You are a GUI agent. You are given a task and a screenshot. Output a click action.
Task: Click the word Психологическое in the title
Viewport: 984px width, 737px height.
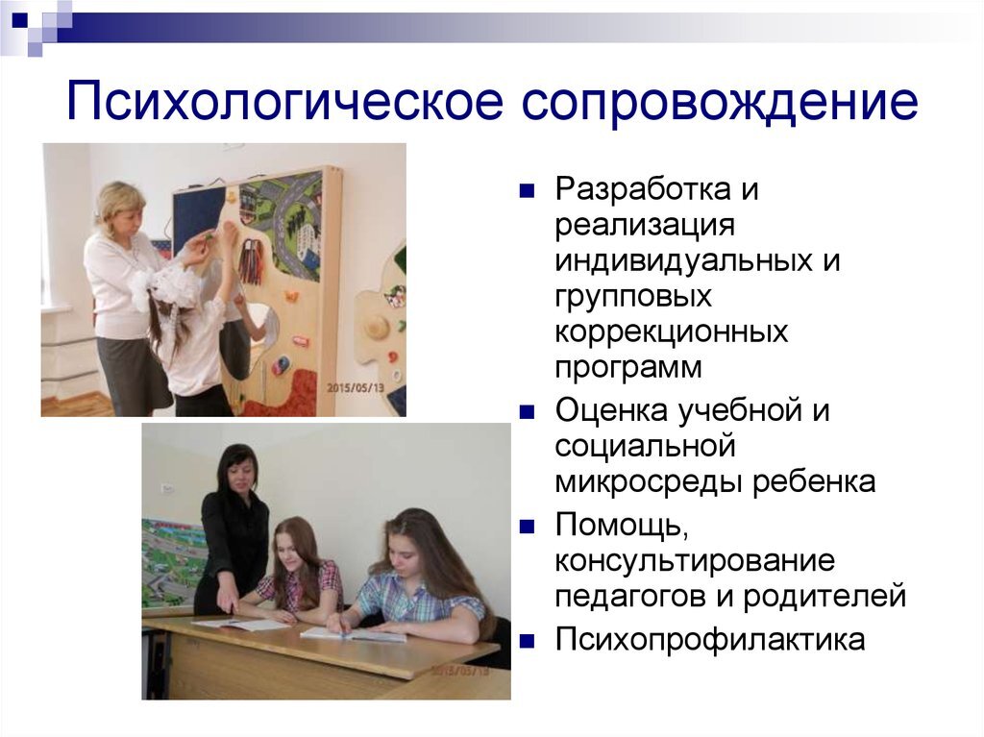(284, 103)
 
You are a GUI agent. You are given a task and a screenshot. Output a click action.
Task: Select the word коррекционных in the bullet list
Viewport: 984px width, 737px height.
(671, 332)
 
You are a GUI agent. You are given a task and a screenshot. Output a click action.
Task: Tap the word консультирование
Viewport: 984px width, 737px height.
(695, 560)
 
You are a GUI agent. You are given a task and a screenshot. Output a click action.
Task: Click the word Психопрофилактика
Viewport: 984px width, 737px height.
(710, 639)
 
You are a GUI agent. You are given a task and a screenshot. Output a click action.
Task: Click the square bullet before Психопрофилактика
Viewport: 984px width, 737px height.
(526, 639)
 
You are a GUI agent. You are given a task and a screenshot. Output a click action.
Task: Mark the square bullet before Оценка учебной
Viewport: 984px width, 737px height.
(526, 411)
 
